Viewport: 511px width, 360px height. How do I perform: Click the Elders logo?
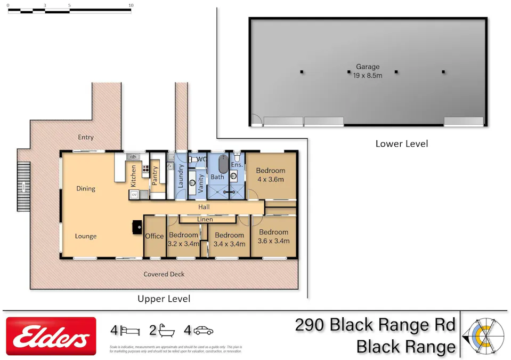click(x=51, y=337)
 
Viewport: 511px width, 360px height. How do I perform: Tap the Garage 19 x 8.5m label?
click(x=368, y=71)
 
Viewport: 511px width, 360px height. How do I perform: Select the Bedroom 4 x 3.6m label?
click(x=270, y=175)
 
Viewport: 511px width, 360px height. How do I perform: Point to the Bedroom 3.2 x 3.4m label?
click(x=183, y=239)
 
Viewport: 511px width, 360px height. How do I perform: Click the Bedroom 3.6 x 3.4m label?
click(x=274, y=236)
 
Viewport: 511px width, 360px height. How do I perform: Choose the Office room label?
click(x=155, y=236)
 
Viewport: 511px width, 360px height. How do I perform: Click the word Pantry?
click(x=156, y=175)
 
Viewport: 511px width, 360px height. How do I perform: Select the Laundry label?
click(x=180, y=175)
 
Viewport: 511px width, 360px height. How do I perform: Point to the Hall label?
click(x=204, y=207)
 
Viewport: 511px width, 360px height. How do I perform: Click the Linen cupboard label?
click(x=205, y=219)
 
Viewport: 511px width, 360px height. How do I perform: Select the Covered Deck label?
click(x=164, y=274)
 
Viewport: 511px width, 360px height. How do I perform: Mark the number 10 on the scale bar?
click(x=131, y=5)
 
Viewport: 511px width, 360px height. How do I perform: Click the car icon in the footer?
click(x=203, y=331)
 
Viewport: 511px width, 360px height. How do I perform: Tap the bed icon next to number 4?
click(x=129, y=331)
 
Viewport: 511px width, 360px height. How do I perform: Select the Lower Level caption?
click(x=401, y=143)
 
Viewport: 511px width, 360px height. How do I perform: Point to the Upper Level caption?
click(x=164, y=299)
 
